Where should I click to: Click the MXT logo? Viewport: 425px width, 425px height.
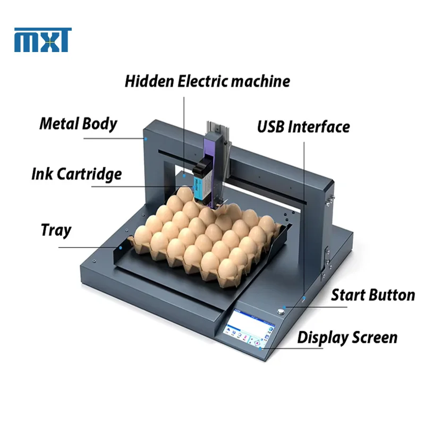(x=43, y=40)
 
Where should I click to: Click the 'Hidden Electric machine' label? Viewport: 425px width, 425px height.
(x=207, y=81)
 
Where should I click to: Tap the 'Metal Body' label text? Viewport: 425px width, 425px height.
(x=78, y=124)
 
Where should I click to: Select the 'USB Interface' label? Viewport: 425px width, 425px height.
(x=303, y=126)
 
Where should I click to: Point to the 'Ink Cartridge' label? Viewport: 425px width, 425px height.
(x=76, y=174)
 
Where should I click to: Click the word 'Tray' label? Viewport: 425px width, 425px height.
(x=56, y=231)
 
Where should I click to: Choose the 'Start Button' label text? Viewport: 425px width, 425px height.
(x=373, y=295)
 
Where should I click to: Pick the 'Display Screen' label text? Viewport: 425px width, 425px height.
(x=347, y=338)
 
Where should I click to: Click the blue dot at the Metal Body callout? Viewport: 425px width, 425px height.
(x=146, y=139)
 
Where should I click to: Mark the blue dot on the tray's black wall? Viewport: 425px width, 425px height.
(x=121, y=248)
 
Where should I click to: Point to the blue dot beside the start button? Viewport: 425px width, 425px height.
(x=285, y=308)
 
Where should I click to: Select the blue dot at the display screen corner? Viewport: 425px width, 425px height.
(x=260, y=348)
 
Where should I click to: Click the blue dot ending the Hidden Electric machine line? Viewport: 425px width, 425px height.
(x=184, y=176)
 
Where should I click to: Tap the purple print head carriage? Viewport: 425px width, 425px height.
(x=214, y=168)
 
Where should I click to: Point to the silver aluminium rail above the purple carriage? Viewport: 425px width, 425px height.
(x=218, y=127)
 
